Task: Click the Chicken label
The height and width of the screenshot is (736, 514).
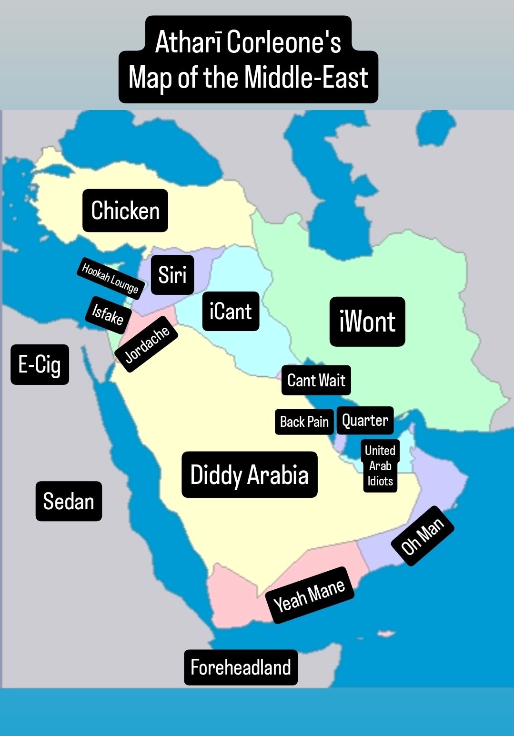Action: tap(125, 211)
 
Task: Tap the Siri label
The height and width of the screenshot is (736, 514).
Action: tap(172, 275)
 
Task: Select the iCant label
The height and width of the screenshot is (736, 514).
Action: tap(231, 312)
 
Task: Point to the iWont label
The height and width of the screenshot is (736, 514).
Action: tap(367, 322)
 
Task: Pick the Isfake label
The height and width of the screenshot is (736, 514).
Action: tap(108, 314)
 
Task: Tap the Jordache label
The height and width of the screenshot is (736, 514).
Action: tap(147, 344)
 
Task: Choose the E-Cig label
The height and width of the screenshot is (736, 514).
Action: tap(40, 364)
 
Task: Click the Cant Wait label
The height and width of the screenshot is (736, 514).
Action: tap(316, 380)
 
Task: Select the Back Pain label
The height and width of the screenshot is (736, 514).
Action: tap(304, 422)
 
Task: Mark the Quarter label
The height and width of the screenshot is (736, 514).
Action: tap(365, 420)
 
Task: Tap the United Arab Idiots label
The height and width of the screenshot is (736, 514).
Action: tap(380, 465)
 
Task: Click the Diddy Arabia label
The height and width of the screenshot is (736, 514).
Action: tap(249, 475)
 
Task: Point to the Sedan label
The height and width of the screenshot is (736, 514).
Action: tap(69, 501)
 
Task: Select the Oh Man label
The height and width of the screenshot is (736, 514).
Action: tap(423, 536)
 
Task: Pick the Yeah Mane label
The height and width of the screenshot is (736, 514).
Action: tap(310, 595)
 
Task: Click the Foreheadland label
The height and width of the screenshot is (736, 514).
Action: tap(241, 667)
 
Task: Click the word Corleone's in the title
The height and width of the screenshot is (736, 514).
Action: tap(284, 42)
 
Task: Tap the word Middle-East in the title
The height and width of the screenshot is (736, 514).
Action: tap(306, 78)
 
